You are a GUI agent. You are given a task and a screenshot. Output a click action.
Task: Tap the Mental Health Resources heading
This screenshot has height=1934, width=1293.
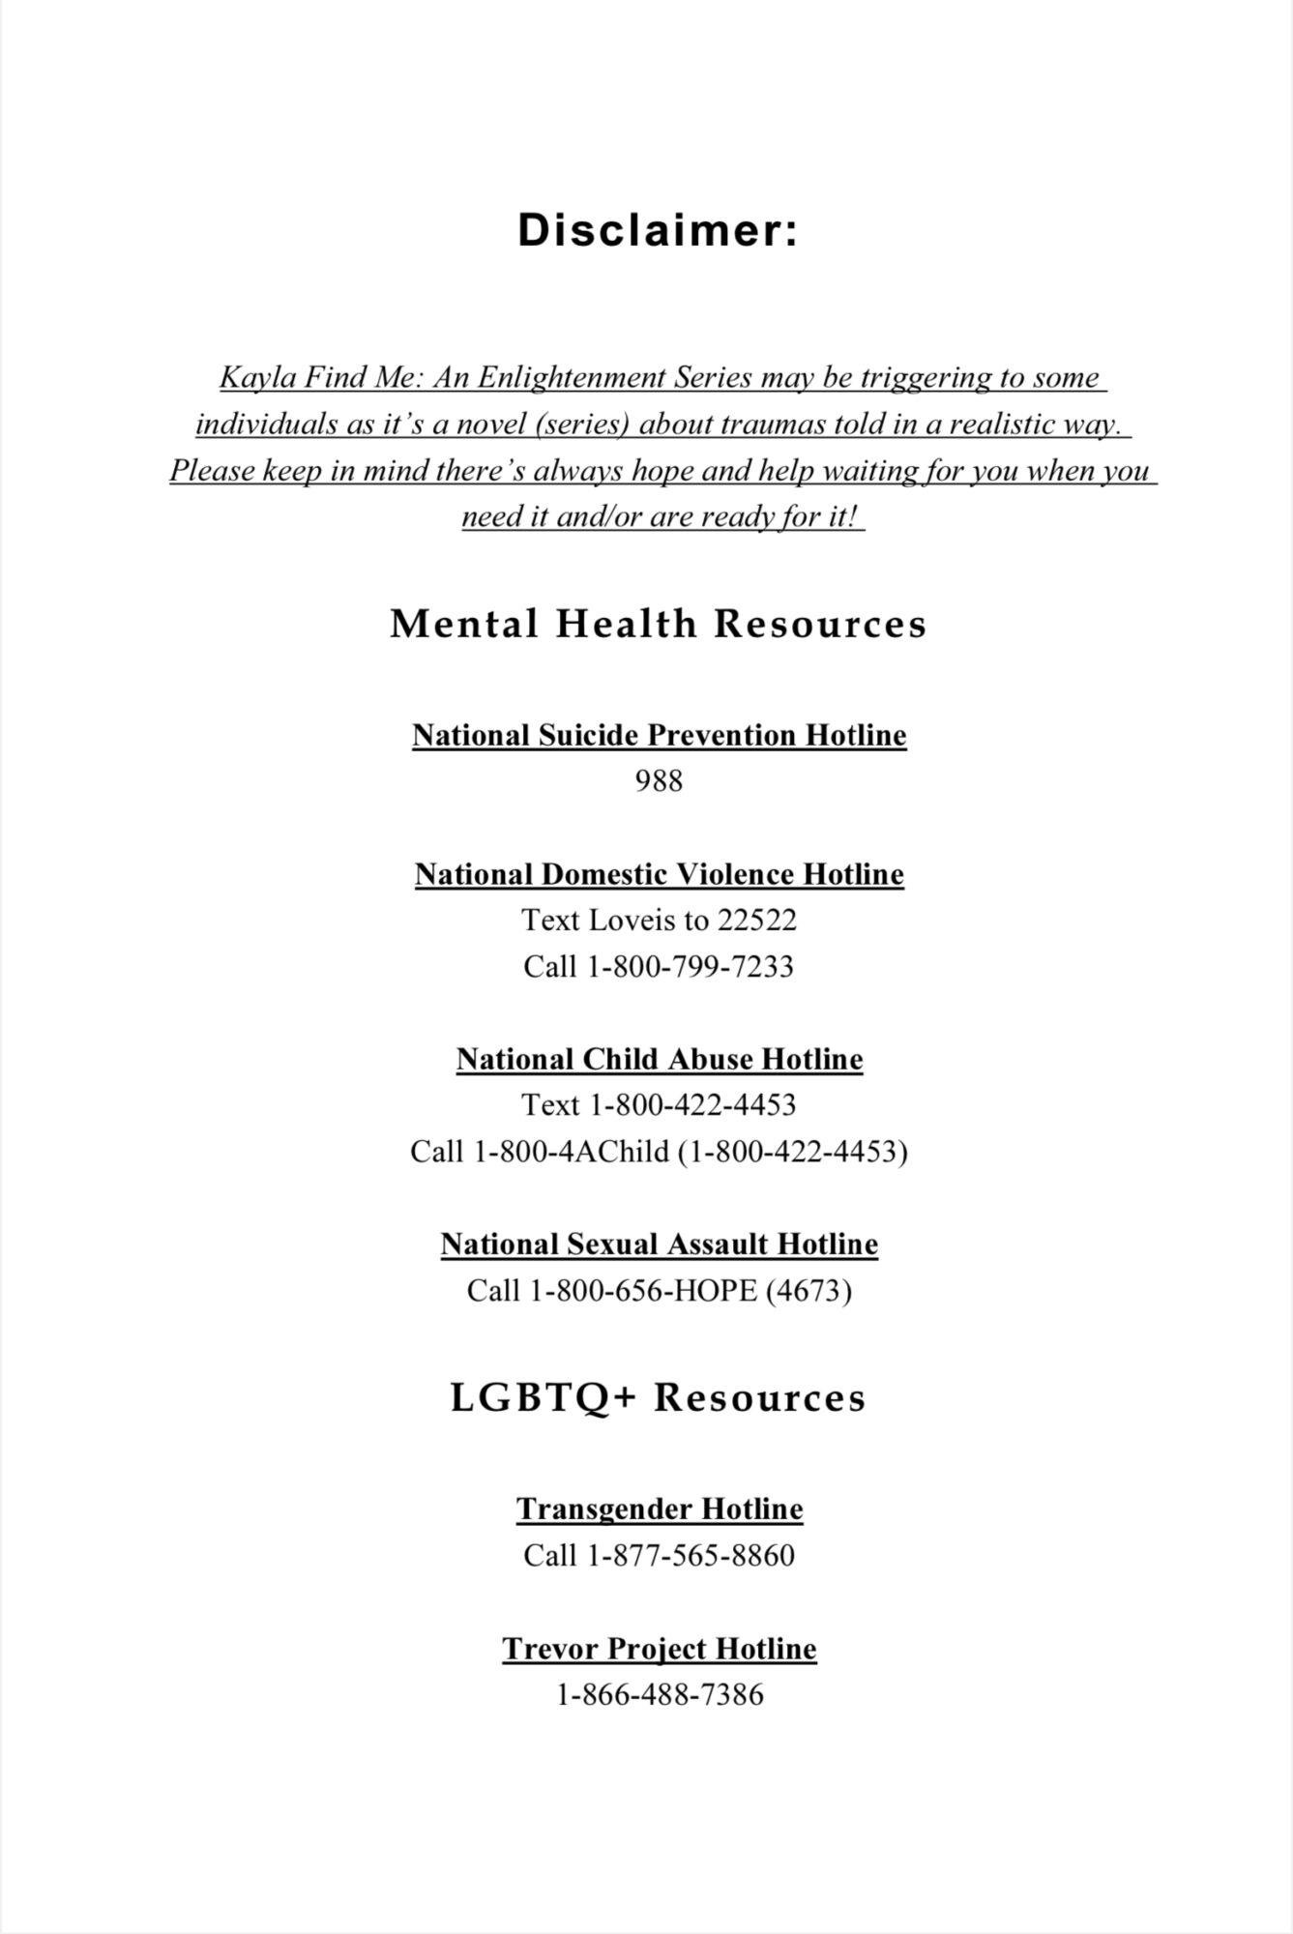pos(659,624)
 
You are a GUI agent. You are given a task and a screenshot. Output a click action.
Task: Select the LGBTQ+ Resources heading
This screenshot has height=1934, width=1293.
pos(659,1398)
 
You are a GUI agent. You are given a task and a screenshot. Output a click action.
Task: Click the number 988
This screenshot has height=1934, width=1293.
pos(659,780)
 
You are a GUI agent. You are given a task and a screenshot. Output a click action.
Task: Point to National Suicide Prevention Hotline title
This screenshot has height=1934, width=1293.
pos(659,735)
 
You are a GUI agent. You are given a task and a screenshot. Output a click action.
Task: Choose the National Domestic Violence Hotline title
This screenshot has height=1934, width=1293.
pos(659,874)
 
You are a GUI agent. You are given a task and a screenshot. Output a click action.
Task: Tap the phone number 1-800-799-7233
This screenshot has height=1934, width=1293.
pos(691,966)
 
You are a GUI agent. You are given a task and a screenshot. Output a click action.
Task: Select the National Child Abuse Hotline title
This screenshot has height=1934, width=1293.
pos(659,1059)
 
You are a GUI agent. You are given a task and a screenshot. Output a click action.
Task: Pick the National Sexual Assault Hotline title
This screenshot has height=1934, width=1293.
pos(659,1244)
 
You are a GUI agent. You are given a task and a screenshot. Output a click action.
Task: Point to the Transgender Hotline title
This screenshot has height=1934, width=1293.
pos(659,1509)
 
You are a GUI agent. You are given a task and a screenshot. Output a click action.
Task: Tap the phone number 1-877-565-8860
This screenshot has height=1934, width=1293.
pos(691,1555)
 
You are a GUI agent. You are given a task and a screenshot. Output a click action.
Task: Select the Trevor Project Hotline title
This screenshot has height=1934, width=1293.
pos(659,1648)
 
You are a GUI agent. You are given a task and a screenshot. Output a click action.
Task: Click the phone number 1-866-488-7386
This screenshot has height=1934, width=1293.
pos(659,1694)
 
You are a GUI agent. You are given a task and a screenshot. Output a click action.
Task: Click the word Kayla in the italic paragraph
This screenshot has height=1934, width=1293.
pos(254,377)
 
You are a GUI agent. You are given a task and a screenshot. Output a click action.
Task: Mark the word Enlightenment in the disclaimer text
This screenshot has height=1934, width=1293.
pos(561,377)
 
